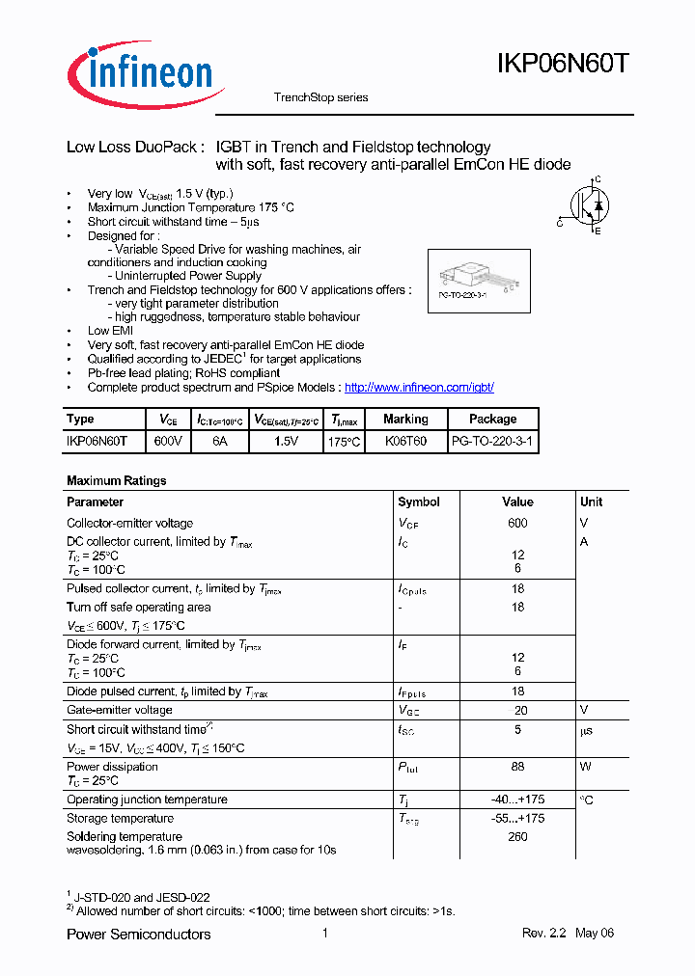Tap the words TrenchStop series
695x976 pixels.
click(320, 97)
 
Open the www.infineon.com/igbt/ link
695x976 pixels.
click(419, 387)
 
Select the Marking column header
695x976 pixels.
click(405, 420)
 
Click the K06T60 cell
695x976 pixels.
click(405, 441)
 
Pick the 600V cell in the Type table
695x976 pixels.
click(168, 441)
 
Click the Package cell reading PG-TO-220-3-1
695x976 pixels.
click(492, 441)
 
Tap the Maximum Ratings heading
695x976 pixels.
click(116, 480)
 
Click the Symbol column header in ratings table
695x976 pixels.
click(419, 502)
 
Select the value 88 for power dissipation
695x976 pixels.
click(517, 767)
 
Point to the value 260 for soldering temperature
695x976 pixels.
click(517, 836)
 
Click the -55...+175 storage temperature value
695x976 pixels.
click(517, 818)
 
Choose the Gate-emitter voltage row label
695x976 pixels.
click(120, 710)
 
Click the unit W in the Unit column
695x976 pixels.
click(585, 767)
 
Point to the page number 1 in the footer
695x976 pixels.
click(325, 933)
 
